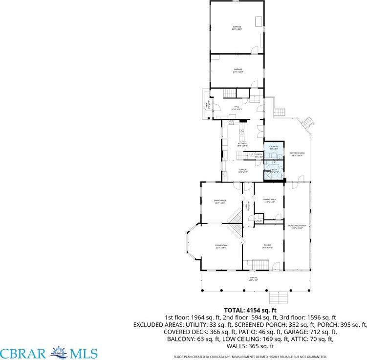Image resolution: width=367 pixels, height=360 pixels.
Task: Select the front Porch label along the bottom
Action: [x=253, y=278]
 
